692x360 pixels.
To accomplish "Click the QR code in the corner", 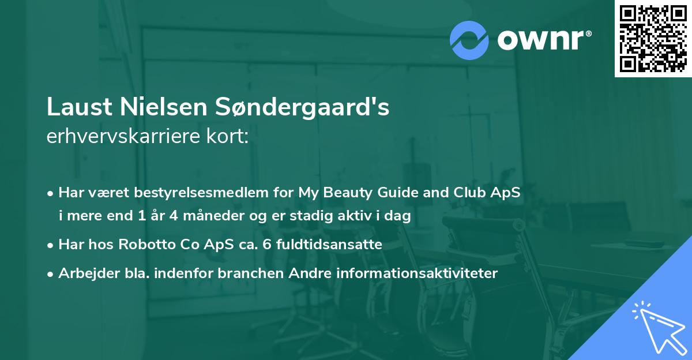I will [x=653, y=39].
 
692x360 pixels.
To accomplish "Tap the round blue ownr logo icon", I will [x=469, y=40].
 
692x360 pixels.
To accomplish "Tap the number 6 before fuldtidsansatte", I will [x=265, y=245].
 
